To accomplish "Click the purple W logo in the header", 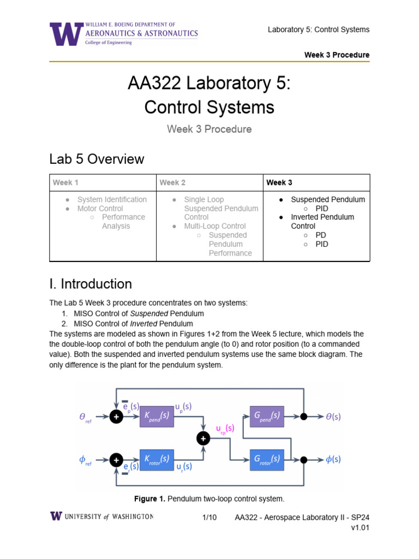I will coord(66,34).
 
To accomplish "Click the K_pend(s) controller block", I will coord(157,417).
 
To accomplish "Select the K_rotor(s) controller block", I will coord(157,460).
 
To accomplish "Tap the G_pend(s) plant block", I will coord(266,416).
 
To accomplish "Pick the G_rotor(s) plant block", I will coord(266,460).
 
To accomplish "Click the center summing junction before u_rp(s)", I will coord(203,438).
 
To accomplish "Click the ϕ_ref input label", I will coord(85,460).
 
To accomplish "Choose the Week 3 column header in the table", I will coord(279,182).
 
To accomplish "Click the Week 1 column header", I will coord(65,182).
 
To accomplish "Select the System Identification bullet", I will coord(112,200).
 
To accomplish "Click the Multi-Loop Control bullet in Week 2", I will coord(215,226).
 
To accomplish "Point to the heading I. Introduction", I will coord(91,284).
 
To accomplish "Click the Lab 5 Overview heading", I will coord(97,159).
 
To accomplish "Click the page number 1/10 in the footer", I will coord(209,517).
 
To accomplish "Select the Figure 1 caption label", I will coord(149,499).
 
